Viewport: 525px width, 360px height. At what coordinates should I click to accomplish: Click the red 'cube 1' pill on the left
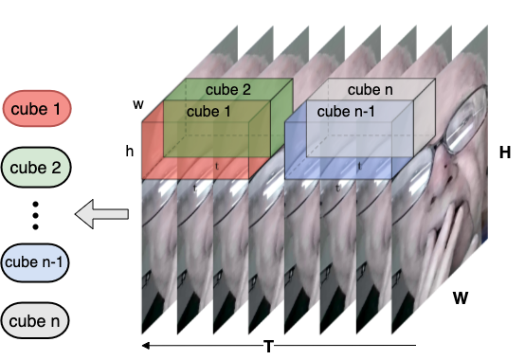pyautogui.click(x=38, y=109)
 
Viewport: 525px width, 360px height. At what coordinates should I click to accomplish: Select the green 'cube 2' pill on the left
pyautogui.click(x=38, y=169)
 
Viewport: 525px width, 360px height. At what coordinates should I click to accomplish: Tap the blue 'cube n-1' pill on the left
pyautogui.click(x=38, y=261)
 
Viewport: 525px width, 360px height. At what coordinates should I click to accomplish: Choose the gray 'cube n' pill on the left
pyautogui.click(x=38, y=320)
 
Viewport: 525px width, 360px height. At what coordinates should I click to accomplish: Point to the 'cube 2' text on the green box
pyautogui.click(x=227, y=91)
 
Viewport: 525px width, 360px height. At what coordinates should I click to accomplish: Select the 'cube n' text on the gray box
pyautogui.click(x=370, y=90)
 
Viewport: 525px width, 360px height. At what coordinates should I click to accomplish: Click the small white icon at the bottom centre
pyautogui.click(x=268, y=347)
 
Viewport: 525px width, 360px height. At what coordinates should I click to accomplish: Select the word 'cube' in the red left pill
pyautogui.click(x=27, y=109)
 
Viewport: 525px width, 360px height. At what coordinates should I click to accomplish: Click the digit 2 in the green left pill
pyautogui.click(x=56, y=169)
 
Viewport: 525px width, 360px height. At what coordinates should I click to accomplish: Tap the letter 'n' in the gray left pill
pyautogui.click(x=56, y=320)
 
